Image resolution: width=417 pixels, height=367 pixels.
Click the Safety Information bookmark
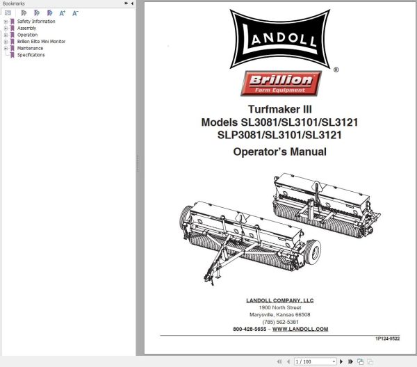click(36, 22)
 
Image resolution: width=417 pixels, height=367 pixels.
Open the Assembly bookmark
click(27, 28)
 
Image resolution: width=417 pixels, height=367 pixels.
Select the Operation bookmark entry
click(28, 35)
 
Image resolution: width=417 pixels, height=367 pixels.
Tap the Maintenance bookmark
click(30, 48)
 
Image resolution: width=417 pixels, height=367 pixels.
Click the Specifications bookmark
click(31, 55)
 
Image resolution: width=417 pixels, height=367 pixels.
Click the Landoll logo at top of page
click(279, 38)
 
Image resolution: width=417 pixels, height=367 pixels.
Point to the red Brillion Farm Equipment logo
click(280, 84)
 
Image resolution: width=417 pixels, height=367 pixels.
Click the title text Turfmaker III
click(279, 109)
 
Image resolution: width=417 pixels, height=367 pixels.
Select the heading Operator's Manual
click(279, 151)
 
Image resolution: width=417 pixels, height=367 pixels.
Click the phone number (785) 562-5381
click(279, 322)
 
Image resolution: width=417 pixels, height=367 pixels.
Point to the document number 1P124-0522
click(388, 339)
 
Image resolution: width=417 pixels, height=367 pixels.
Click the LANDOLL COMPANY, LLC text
click(279, 300)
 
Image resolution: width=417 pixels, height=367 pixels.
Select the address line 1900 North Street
click(279, 307)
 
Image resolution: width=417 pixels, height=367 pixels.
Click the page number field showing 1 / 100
click(313, 361)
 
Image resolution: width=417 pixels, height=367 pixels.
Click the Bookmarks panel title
click(15, 3)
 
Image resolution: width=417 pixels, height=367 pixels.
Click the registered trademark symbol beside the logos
click(336, 70)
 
